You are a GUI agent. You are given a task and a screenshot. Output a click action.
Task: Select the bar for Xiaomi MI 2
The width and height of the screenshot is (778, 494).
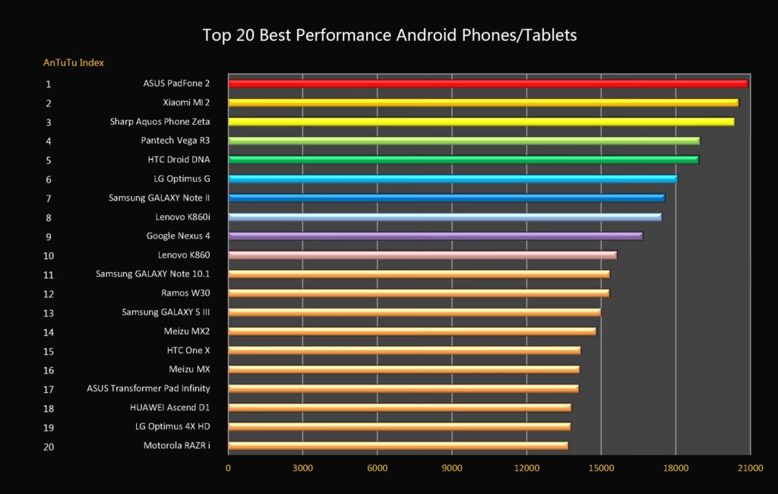tap(483, 103)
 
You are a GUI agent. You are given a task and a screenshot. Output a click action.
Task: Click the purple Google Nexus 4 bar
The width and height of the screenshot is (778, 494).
tap(435, 236)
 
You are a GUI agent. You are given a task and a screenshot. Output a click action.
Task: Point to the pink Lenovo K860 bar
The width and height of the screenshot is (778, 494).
tap(422, 255)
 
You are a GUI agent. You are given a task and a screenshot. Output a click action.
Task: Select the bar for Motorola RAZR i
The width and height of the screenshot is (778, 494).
tap(398, 445)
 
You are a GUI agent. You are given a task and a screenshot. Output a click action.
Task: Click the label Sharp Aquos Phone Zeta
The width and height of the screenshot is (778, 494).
tap(160, 122)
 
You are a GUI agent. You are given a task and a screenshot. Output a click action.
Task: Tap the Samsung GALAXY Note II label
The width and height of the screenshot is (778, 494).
tap(159, 198)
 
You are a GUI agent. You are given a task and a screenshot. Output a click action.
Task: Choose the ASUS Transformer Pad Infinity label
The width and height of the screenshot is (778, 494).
tap(148, 388)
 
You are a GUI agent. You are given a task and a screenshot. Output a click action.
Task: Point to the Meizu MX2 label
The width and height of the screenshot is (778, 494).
tap(187, 331)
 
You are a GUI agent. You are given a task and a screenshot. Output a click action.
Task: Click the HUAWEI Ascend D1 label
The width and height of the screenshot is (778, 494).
tap(170, 407)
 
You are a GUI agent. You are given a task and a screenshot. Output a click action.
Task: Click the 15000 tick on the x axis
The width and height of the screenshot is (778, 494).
tap(601, 468)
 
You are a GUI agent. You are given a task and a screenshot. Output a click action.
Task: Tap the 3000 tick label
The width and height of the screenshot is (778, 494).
tap(302, 468)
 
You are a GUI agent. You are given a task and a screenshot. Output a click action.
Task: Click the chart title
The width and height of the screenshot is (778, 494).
tap(389, 35)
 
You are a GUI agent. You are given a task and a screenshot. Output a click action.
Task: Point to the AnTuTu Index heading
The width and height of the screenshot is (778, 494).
tap(74, 62)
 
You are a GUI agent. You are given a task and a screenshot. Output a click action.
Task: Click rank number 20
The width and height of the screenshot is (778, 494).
tap(49, 447)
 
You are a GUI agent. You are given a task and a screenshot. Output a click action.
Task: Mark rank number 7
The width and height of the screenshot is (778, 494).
tap(49, 198)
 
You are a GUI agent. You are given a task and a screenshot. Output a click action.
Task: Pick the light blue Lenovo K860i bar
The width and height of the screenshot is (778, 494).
tap(444, 217)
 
